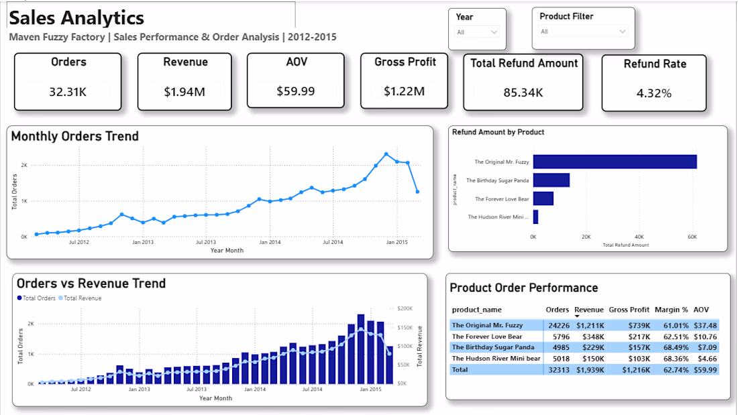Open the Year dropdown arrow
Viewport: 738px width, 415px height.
pyautogui.click(x=494, y=32)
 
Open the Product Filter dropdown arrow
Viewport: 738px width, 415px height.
pyautogui.click(x=622, y=32)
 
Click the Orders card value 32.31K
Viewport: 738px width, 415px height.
pyautogui.click(x=68, y=92)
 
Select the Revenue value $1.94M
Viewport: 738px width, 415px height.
pyautogui.click(x=184, y=92)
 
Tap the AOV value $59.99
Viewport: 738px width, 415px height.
pyautogui.click(x=296, y=91)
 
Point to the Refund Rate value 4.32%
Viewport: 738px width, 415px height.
pyautogui.click(x=653, y=94)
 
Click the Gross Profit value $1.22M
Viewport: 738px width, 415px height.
pyautogui.click(x=404, y=91)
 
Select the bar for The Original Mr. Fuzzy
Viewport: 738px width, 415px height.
pyautogui.click(x=615, y=162)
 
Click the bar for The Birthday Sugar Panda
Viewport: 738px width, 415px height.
pyautogui.click(x=551, y=180)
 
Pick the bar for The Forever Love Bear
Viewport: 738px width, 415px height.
pyautogui.click(x=543, y=198)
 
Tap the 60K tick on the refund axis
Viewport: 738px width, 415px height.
pyautogui.click(x=692, y=237)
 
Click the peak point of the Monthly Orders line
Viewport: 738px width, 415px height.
pyautogui.click(x=386, y=154)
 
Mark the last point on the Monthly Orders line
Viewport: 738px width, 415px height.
pyautogui.click(x=417, y=192)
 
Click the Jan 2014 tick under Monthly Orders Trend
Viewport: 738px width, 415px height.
pyautogui.click(x=270, y=242)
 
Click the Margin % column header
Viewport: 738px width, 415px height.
pyautogui.click(x=671, y=310)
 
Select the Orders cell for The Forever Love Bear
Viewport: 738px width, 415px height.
pyautogui.click(x=561, y=337)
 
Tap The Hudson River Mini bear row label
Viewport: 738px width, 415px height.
pyautogui.click(x=496, y=359)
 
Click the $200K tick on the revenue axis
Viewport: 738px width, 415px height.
pyautogui.click(x=405, y=308)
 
